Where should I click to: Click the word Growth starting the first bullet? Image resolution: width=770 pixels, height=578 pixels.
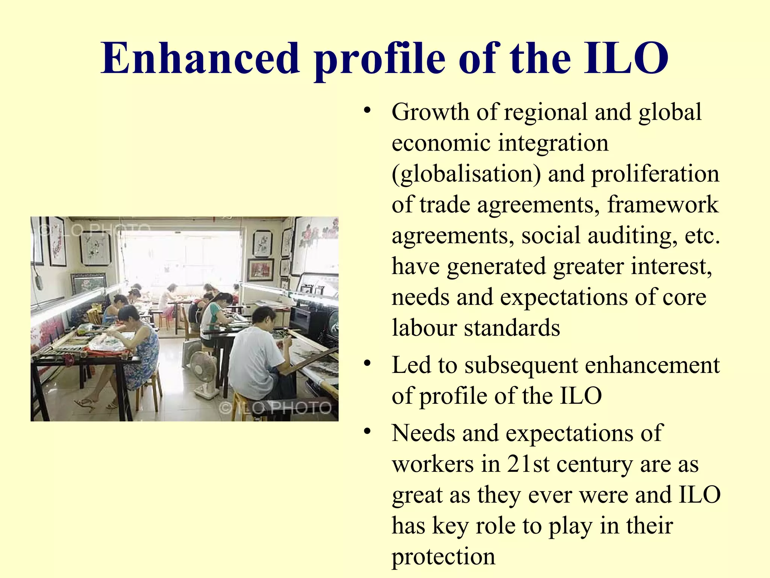pos(430,112)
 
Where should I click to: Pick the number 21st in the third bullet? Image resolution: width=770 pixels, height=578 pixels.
pos(528,464)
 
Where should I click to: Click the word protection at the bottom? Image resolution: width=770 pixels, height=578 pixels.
pos(443,556)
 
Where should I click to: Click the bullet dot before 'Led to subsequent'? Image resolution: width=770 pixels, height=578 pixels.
pos(367,364)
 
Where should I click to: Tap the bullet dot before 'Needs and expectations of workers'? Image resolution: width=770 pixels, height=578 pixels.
pos(367,432)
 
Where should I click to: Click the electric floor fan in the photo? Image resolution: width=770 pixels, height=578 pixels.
pos(203,373)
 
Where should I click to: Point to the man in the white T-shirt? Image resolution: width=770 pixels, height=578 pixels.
pos(259,354)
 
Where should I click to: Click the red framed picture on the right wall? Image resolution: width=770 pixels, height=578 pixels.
pos(260,269)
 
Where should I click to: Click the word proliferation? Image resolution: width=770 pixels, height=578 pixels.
pos(655,174)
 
